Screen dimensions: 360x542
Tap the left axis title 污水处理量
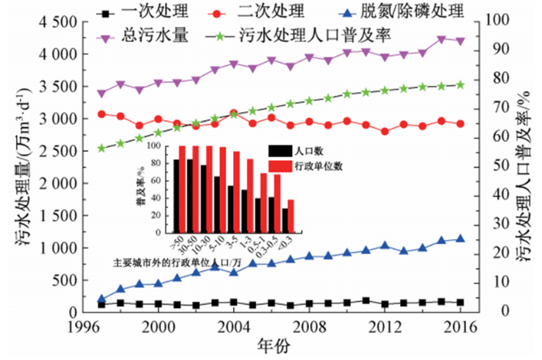[x=23, y=166]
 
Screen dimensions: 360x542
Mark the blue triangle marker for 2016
[x=460, y=239]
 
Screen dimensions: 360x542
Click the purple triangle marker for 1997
[x=101, y=94]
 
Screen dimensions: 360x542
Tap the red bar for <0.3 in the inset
[x=290, y=218]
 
